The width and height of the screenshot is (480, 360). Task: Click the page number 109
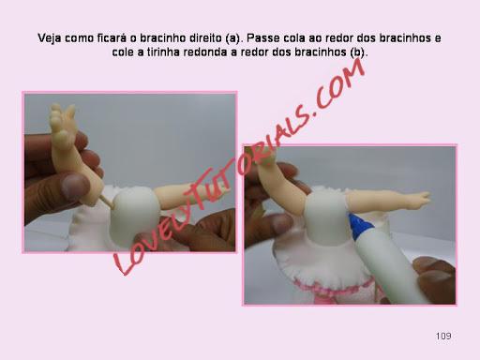[443, 337]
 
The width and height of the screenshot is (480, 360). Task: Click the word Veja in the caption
[50, 38]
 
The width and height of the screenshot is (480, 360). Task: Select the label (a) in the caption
[233, 38]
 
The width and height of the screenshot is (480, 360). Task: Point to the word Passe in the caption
[262, 38]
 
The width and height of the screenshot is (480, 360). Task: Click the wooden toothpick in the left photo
[107, 202]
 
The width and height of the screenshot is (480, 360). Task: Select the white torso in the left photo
[133, 217]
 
